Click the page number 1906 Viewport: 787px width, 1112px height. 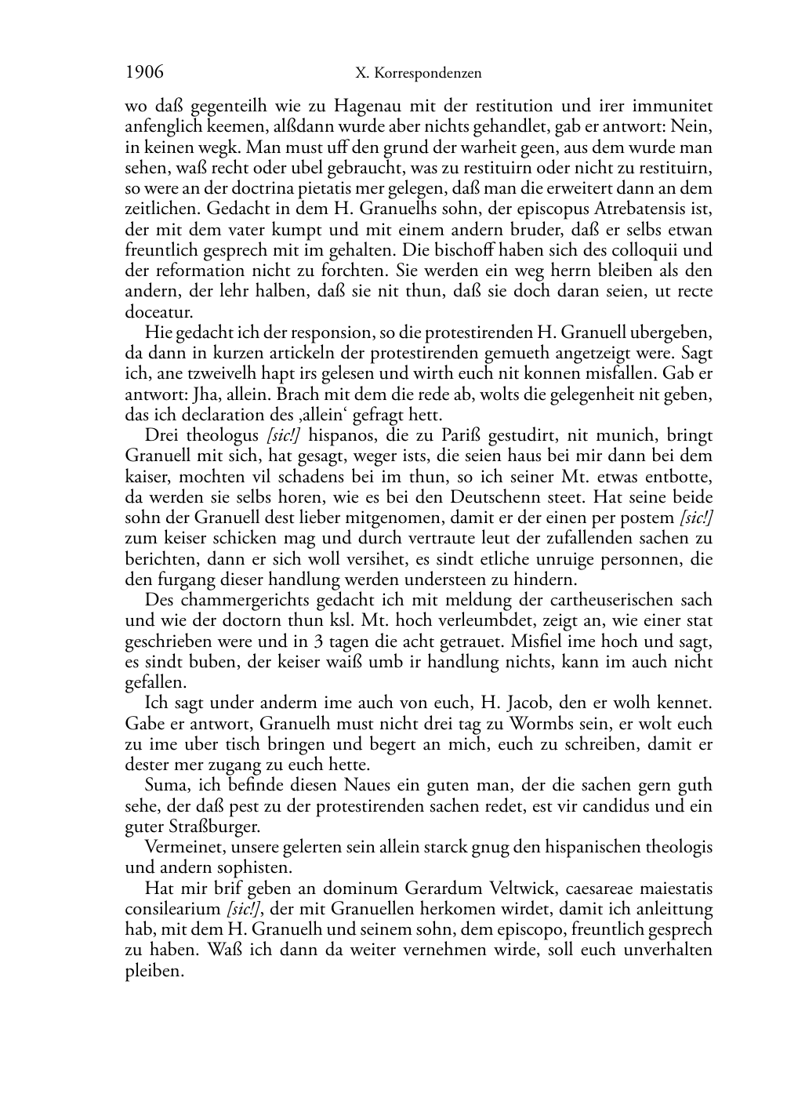(x=144, y=72)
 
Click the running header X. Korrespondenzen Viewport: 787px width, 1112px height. (x=418, y=74)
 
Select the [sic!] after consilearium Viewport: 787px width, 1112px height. (x=244, y=910)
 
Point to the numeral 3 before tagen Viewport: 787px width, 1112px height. (x=317, y=641)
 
